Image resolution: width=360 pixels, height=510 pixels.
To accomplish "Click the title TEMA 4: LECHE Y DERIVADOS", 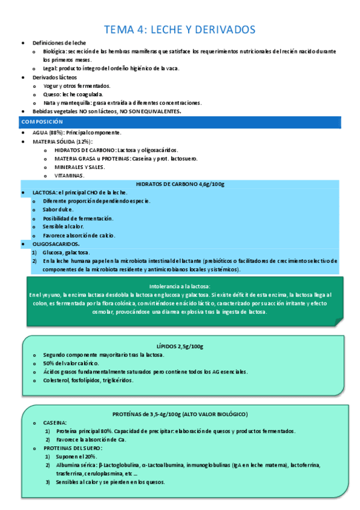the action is click(180, 29).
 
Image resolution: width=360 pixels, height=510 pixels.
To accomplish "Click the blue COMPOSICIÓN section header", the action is click(41, 121).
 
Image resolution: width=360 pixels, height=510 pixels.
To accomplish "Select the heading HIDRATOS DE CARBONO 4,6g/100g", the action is click(180, 184).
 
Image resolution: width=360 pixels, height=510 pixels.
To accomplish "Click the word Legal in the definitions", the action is click(49, 69).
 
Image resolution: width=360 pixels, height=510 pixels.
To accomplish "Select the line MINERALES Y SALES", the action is click(79, 167).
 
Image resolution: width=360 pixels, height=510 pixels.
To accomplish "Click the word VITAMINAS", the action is click(69, 176).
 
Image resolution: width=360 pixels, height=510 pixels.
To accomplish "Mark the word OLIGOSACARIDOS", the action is click(55, 244).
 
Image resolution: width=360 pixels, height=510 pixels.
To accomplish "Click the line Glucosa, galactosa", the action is click(66, 253).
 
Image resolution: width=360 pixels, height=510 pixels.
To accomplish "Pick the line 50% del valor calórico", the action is click(70, 363).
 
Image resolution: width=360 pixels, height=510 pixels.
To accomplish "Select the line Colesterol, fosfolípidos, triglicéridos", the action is click(88, 380).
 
